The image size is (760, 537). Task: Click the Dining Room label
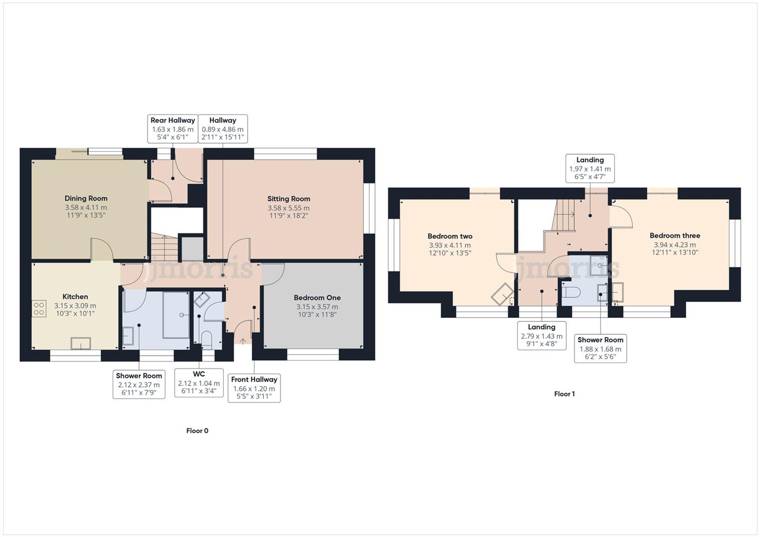86,198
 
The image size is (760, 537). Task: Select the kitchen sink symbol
81,343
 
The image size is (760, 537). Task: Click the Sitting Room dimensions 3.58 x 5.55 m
288,208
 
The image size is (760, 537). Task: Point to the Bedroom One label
317,298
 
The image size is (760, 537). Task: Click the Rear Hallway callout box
173,129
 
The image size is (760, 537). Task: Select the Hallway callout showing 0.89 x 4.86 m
223,129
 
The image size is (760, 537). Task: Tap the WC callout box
199,383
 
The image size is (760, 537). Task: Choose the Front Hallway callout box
254,388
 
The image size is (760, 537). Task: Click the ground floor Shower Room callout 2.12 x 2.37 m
139,384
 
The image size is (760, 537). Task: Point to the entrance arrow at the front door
243,340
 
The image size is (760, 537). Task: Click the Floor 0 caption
197,430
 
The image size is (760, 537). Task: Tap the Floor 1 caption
564,394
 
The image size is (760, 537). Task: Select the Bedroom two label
450,236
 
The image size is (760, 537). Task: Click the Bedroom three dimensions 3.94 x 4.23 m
675,245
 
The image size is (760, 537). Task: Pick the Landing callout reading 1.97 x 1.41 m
590,168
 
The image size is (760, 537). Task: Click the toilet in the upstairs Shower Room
571,292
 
